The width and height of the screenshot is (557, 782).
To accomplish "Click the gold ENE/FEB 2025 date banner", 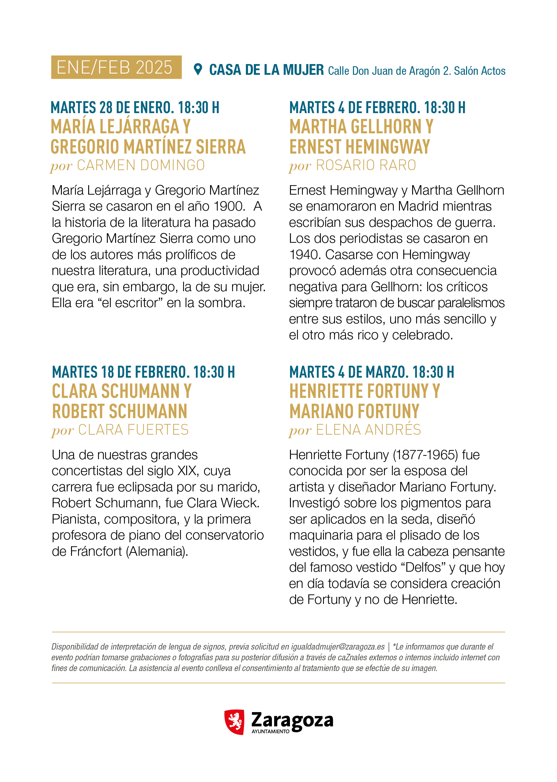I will pos(116,67).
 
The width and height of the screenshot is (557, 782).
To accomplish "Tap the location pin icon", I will pos(198,69).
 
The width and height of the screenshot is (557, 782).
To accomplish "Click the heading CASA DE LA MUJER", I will pos(266,70).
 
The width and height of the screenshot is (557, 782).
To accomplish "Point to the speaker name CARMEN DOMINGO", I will pos(141,166).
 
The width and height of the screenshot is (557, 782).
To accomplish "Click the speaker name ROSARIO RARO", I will pos(366,166).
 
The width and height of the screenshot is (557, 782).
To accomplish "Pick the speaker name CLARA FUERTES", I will pos(134,430).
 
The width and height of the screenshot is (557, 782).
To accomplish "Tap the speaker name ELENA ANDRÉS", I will pos(368,430).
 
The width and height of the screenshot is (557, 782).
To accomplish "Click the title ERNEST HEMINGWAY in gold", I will pos(359,147).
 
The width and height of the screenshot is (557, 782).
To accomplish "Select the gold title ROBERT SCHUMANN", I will pos(120,411).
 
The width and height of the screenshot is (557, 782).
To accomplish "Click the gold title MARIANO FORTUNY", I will pos(354,411).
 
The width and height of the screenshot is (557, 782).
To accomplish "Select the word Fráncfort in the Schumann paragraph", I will pos(96,551).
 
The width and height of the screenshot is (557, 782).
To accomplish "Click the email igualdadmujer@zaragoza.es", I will pos(338,647).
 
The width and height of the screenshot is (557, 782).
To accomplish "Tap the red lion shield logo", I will pos(235,722).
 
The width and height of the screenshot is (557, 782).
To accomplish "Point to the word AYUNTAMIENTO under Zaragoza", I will pos(270,731).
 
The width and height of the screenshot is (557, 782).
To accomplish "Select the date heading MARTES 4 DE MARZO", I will pos(371,372).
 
